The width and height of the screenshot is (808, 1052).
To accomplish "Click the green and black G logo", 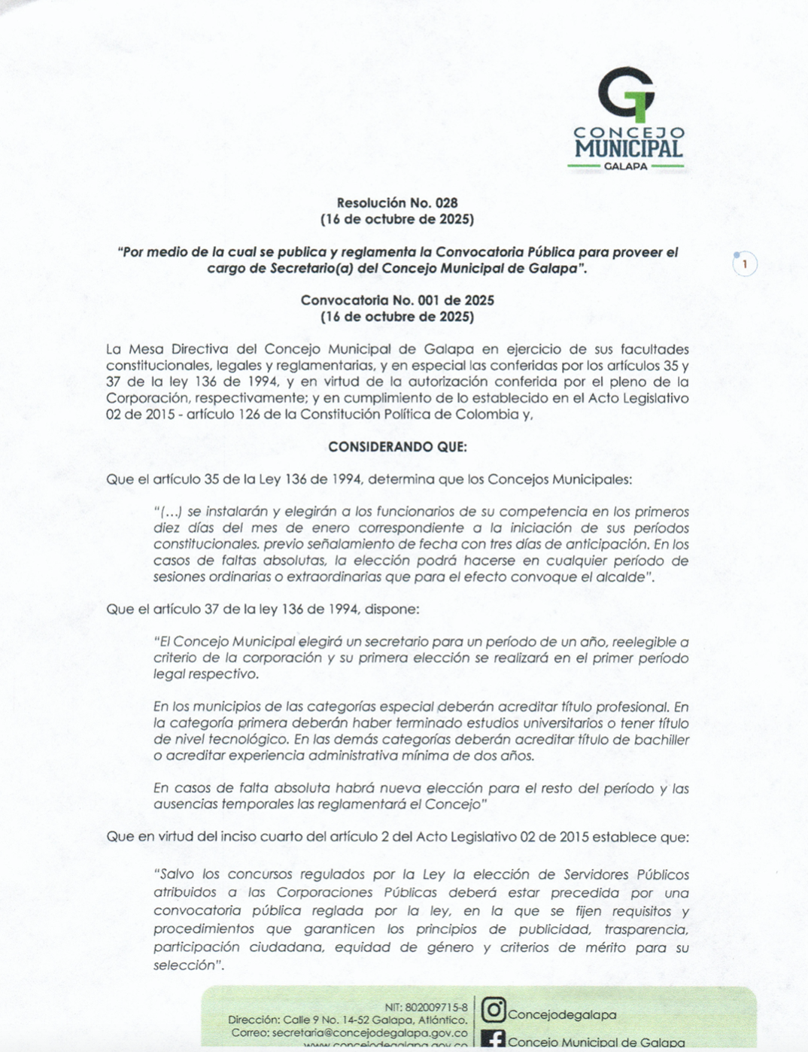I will click(626, 94).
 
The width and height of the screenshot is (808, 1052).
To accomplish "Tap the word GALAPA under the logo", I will click(625, 166).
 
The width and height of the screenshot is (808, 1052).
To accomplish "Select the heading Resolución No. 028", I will click(397, 203).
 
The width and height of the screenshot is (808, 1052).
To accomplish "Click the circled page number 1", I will click(745, 264).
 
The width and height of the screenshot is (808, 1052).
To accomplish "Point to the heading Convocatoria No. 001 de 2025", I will click(397, 300).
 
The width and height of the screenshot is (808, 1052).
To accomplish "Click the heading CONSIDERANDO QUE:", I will click(397, 447).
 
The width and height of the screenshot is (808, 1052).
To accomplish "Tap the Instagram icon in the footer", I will click(493, 1010).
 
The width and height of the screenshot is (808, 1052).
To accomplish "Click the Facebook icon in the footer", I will click(493, 1041).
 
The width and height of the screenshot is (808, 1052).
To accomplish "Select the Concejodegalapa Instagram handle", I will click(562, 1015).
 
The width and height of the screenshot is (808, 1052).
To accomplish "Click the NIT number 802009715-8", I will click(436, 1007).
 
